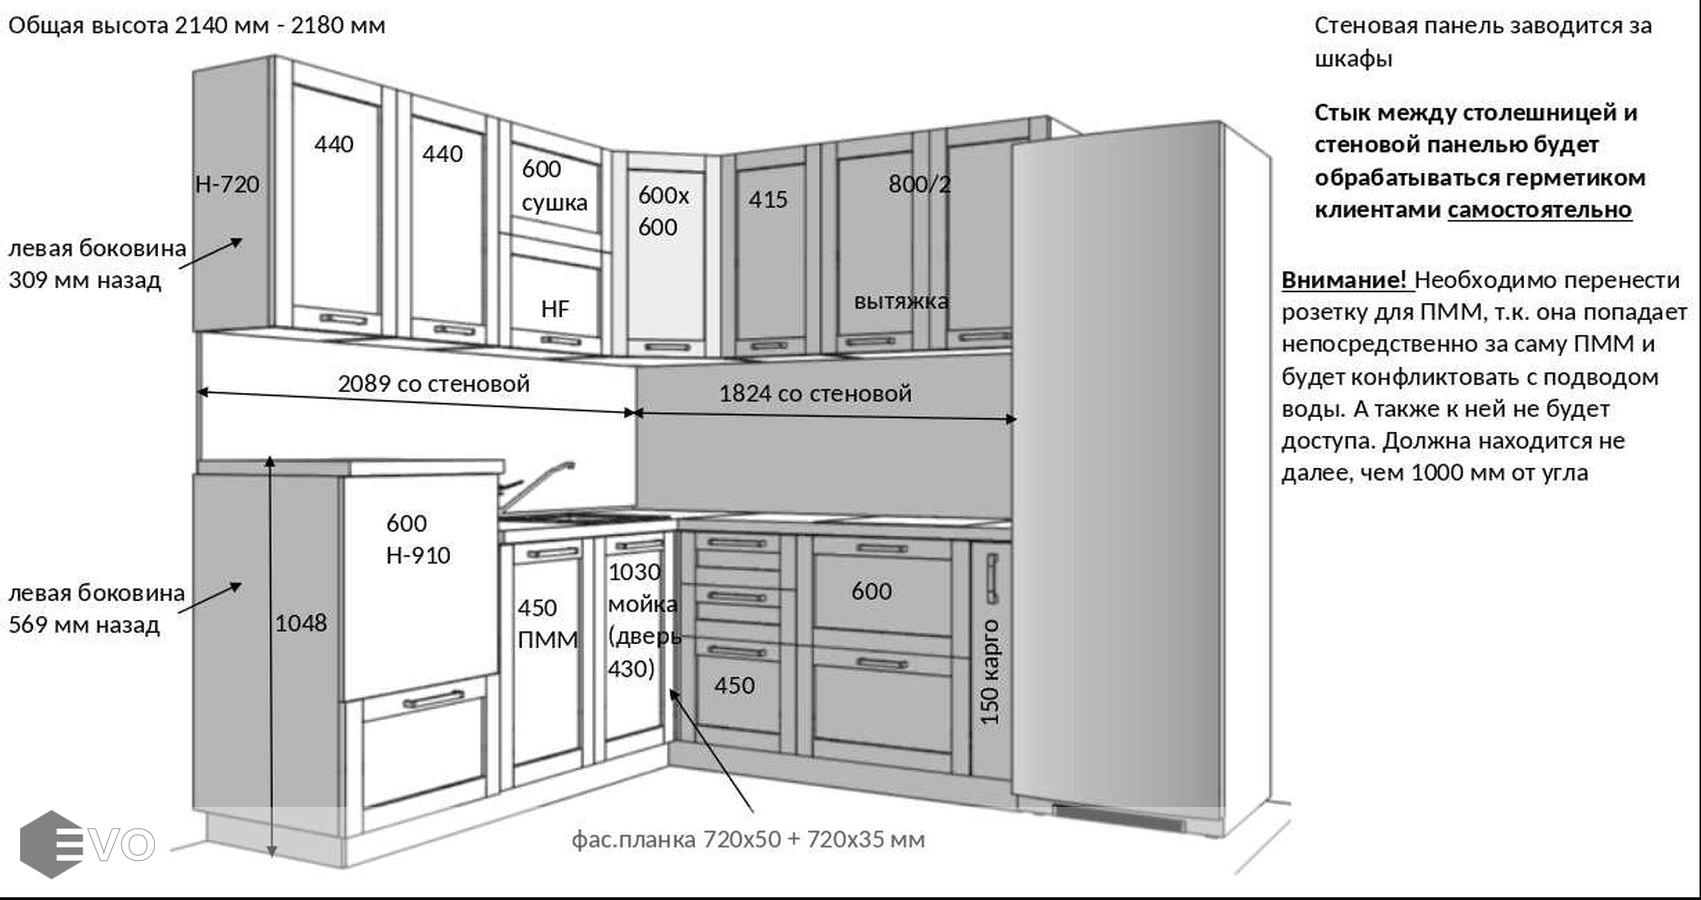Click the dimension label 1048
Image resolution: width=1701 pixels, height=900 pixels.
click(x=301, y=623)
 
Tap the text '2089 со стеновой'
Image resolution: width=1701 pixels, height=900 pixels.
click(x=433, y=384)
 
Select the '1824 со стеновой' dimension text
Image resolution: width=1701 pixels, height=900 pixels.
click(x=815, y=394)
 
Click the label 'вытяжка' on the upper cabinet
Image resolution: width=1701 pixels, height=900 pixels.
click(x=901, y=301)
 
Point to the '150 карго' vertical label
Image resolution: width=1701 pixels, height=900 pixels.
click(x=990, y=671)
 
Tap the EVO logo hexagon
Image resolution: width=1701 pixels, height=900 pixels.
click(x=51, y=844)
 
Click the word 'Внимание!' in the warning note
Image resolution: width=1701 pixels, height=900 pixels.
click(x=1344, y=279)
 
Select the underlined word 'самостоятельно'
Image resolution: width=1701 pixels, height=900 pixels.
click(x=1539, y=210)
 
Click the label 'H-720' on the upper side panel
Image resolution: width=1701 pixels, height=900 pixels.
click(x=227, y=184)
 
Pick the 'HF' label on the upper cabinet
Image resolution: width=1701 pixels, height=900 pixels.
click(x=555, y=309)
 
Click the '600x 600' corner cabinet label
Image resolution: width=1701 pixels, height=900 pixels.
click(x=663, y=211)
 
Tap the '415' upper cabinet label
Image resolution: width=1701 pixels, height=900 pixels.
click(x=768, y=200)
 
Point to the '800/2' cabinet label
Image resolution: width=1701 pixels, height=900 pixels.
click(x=919, y=184)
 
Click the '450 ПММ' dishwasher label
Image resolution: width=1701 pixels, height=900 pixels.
click(x=547, y=624)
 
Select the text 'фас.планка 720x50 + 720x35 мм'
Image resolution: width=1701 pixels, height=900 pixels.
click(x=748, y=839)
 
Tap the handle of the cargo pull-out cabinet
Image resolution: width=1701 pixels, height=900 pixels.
click(x=992, y=578)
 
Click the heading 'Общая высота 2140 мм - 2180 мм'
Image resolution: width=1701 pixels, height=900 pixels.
click(x=197, y=25)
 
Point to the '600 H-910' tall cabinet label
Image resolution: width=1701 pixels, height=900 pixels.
click(x=418, y=539)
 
